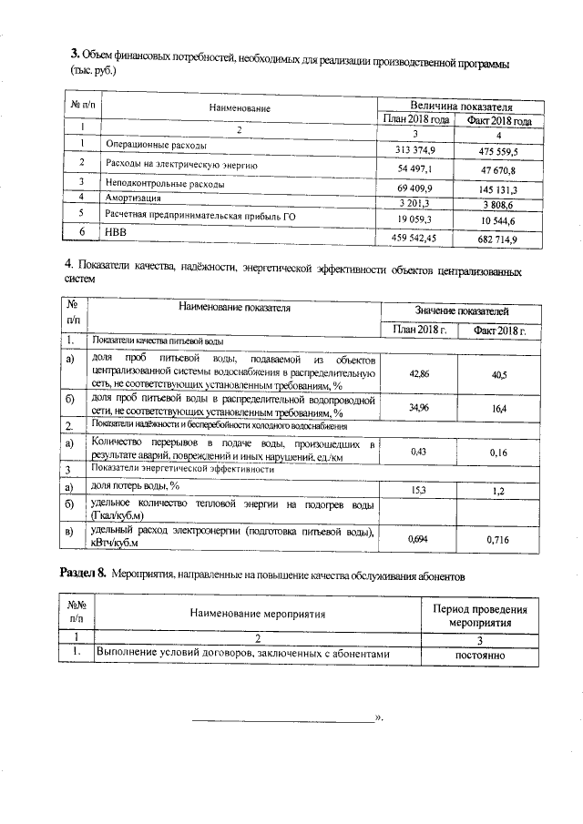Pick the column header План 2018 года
click(416, 120)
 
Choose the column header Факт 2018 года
click(498, 120)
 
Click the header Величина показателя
click(457, 106)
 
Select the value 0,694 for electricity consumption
click(419, 540)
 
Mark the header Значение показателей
click(462, 311)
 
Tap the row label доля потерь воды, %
click(136, 486)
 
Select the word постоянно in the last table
click(478, 655)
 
